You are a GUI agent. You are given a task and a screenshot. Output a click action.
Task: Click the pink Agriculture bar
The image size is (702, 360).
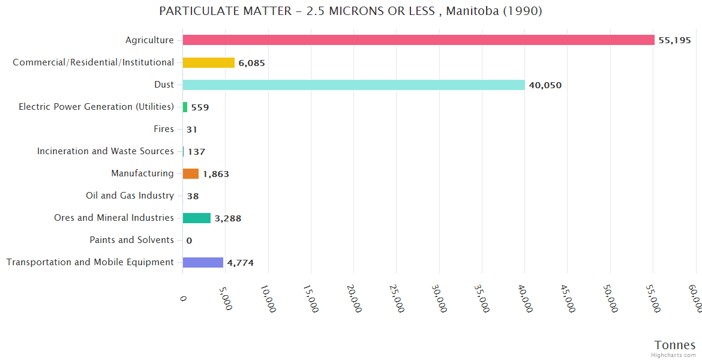(418, 40)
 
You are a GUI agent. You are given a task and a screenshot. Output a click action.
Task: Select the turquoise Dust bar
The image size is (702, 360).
(353, 85)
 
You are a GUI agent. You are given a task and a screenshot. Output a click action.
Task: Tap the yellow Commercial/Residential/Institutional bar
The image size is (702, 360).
(208, 62)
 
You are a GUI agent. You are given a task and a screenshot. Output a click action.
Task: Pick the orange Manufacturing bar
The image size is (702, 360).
(191, 173)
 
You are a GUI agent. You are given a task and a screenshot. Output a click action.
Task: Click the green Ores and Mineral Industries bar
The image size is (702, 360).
(196, 218)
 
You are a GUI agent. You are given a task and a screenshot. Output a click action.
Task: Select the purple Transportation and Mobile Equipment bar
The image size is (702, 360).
(203, 262)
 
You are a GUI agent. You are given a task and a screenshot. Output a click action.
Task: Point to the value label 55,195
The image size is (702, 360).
(674, 41)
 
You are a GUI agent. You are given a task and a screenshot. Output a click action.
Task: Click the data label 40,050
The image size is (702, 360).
(545, 85)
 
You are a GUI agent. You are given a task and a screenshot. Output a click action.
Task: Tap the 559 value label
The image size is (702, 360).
(200, 107)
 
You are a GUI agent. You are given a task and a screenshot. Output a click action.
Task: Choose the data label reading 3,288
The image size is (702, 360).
(227, 218)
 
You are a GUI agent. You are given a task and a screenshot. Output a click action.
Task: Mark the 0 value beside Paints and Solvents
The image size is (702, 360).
(189, 241)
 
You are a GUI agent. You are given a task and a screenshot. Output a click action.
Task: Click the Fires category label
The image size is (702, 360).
(164, 129)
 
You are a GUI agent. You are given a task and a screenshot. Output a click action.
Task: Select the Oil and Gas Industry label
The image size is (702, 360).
(130, 196)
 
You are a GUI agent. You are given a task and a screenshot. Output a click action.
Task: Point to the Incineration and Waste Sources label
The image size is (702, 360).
(105, 151)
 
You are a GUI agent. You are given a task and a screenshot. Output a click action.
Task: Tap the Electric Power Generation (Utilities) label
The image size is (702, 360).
(96, 107)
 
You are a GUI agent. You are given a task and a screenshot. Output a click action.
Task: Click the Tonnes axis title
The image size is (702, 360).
(674, 345)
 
